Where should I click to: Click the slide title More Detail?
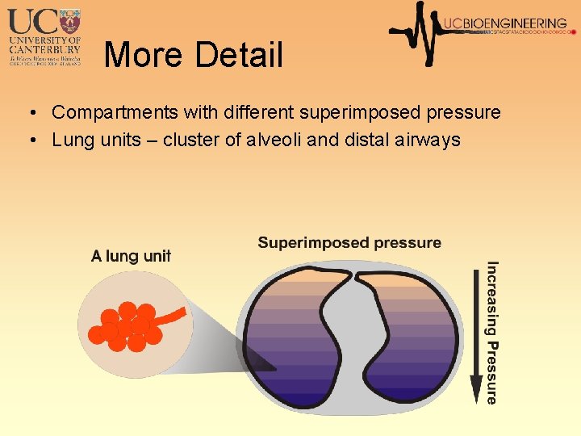pos(194,55)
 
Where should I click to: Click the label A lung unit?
pos(131,256)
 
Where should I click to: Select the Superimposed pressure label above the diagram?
pos(349,242)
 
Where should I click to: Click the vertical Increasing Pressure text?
pos(491,331)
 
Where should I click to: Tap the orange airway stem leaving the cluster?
pos(173,314)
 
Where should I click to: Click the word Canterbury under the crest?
pos(45,48)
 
